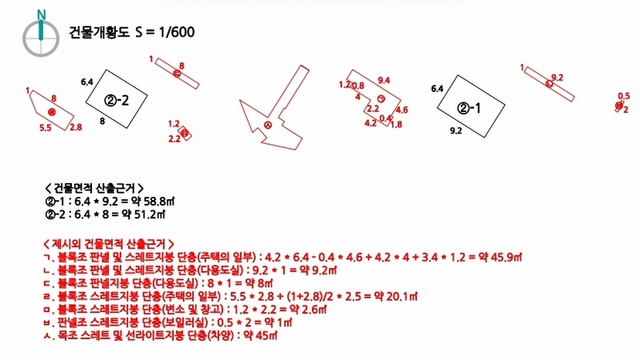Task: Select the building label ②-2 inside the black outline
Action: [x=117, y=100]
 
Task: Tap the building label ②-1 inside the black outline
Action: [x=470, y=108]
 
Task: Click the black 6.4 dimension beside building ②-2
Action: [x=87, y=82]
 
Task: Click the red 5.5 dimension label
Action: [x=46, y=127]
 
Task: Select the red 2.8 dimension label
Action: [x=76, y=127]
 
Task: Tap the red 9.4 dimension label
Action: [x=383, y=80]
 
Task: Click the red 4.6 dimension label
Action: [x=402, y=110]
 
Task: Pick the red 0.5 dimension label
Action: [x=624, y=95]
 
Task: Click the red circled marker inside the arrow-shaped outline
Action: [x=268, y=125]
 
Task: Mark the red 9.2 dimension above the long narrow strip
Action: [x=558, y=77]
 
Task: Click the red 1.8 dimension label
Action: [x=396, y=124]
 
